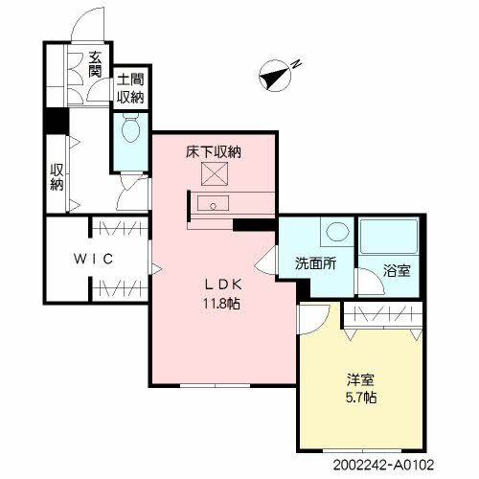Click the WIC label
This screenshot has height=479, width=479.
tap(95, 259)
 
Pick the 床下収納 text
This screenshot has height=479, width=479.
tap(213, 151)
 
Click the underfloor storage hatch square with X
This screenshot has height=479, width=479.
tap(212, 174)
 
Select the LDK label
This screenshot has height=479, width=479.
tap(215, 284)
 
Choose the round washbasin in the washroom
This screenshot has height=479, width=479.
tap(336, 233)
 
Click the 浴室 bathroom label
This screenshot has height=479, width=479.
tap(398, 270)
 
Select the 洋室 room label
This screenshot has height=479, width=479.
tap(359, 378)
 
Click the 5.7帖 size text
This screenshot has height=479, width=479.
tap(359, 397)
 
